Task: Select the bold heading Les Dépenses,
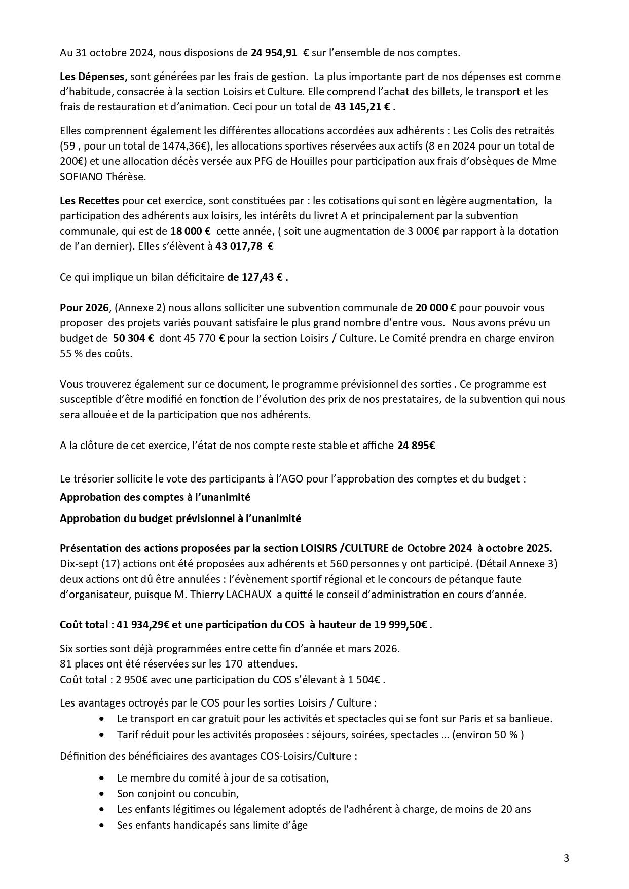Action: [93, 77]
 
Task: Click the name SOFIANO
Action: [81, 176]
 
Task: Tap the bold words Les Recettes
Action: [89, 200]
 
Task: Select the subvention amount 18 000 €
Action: [191, 231]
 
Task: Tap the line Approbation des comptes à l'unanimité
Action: [155, 497]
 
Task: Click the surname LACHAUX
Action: [247, 595]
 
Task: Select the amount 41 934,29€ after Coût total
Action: [143, 625]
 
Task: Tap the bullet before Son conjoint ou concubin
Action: [104, 793]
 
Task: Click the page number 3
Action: [566, 858]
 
